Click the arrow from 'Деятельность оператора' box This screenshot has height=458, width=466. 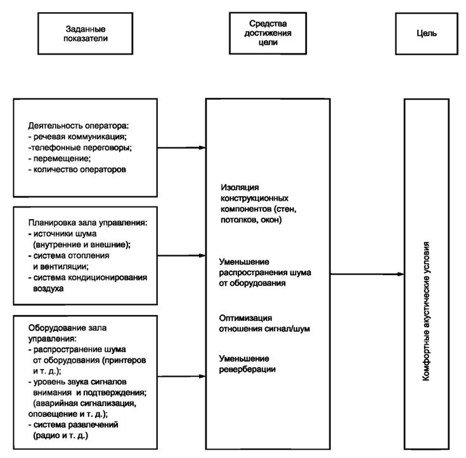tap(181, 147)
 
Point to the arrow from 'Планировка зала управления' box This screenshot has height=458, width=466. tap(181, 255)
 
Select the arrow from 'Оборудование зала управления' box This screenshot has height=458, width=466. tap(181, 377)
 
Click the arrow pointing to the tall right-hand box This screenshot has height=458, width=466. tap(367, 274)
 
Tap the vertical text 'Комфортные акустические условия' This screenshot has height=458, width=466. tap(426, 311)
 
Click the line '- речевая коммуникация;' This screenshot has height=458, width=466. tap(77, 137)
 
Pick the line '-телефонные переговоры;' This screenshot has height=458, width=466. tap(80, 147)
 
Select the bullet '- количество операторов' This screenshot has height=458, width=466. tap(77, 170)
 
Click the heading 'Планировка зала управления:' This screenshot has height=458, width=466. tap(87, 222)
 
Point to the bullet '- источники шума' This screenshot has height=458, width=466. tap(62, 234)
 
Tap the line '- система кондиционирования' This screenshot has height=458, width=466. tap(87, 277)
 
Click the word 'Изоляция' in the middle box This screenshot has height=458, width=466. tap(240, 187)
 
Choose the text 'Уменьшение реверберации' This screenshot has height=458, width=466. tap(247, 363)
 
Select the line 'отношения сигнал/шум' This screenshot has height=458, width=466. tap(264, 329)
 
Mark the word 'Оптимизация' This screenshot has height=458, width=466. tap(245, 318)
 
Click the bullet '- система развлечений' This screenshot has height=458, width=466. tap(73, 424)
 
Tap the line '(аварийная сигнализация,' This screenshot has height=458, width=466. tap(85, 403)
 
